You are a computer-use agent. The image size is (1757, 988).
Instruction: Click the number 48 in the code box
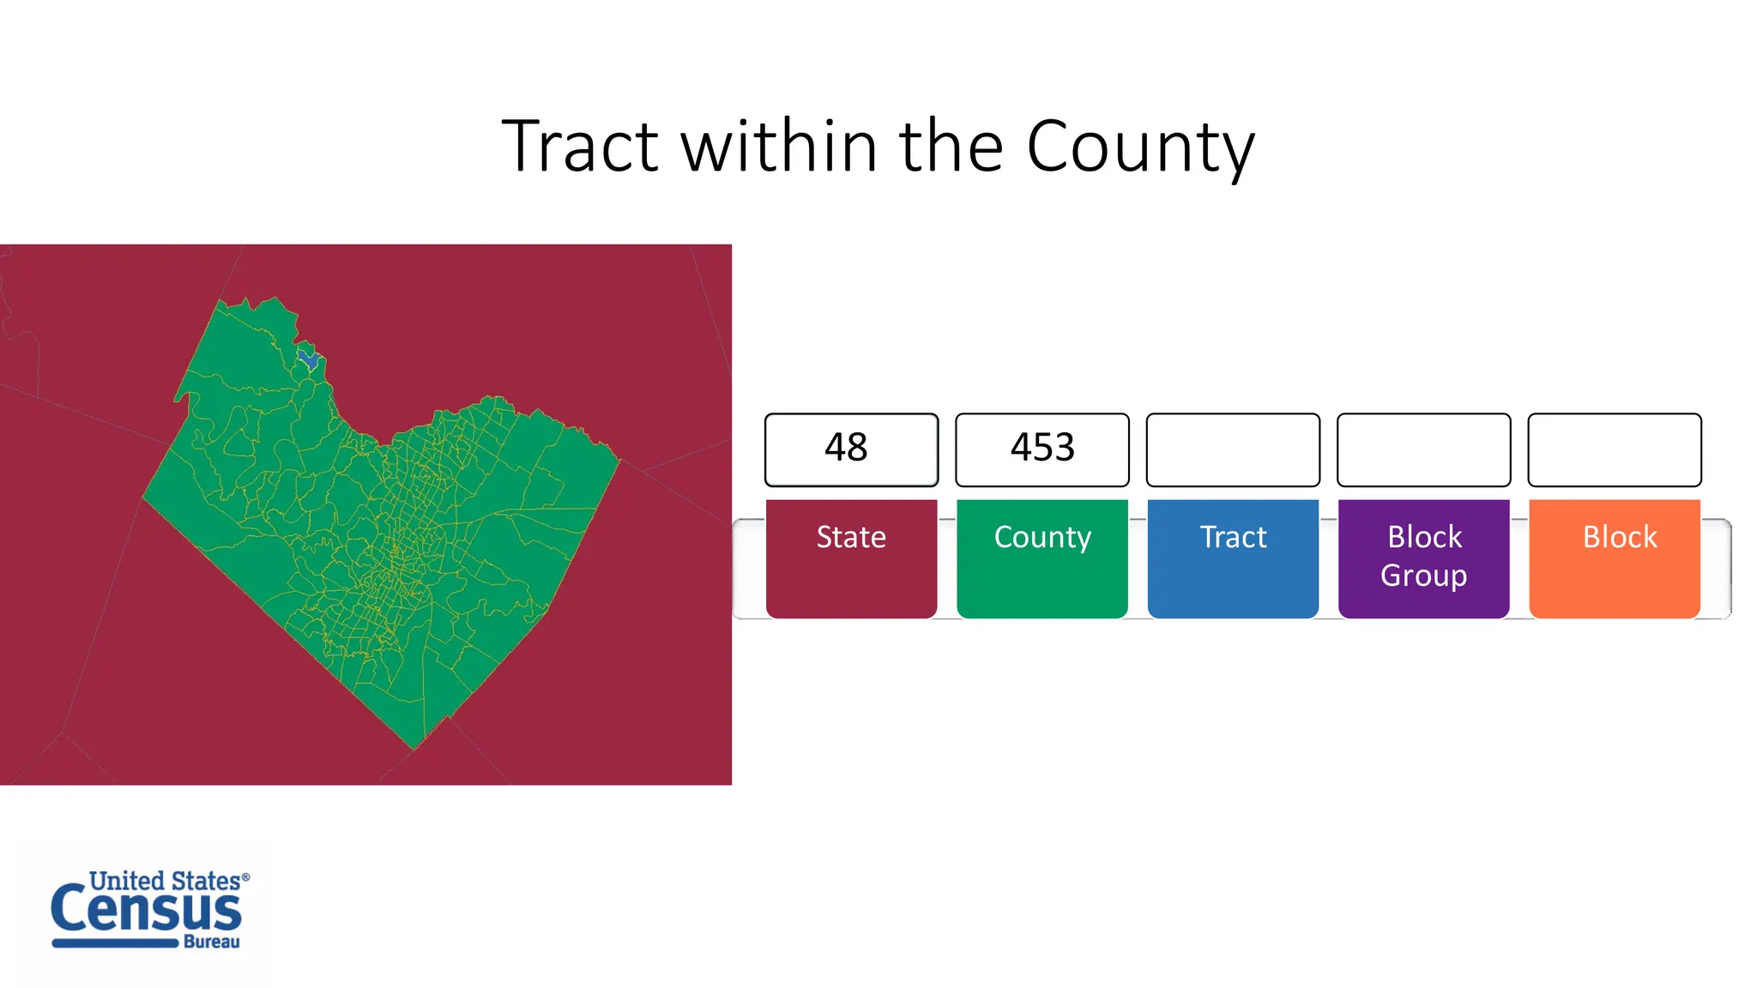point(846,448)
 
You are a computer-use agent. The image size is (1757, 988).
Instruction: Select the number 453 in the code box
point(1042,448)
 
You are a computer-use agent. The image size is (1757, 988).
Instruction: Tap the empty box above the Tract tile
point(1233,449)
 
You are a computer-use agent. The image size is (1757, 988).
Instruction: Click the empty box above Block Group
point(1423,449)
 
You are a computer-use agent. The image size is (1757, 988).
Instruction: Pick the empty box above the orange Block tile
point(1614,449)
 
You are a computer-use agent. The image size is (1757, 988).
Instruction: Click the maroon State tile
point(851,557)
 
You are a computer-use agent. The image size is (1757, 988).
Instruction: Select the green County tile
point(1042,557)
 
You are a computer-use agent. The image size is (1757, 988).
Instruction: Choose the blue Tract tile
point(1233,557)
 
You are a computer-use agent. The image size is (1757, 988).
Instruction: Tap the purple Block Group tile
point(1423,557)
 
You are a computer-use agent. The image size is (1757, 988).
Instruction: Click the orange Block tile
point(1614,557)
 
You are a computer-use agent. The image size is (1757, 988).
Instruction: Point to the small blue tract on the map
point(309,358)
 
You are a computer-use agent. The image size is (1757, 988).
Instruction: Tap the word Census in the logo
point(146,911)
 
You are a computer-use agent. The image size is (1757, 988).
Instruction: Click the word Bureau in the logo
point(211,942)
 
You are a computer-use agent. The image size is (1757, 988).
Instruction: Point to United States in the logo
point(165,881)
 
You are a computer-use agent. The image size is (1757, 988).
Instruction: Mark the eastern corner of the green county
point(619,461)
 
